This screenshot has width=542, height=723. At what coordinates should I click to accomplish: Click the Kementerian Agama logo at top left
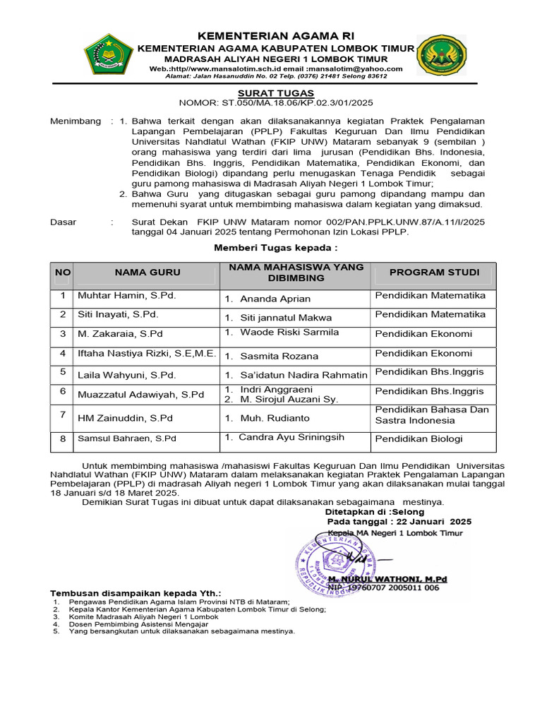pos(108,55)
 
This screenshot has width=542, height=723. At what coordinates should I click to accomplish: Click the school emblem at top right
pos(440,54)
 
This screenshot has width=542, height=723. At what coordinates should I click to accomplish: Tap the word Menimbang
pos(76,121)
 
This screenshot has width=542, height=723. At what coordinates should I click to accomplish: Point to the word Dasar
pos(64,222)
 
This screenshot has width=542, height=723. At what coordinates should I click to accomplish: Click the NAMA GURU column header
pos(147,273)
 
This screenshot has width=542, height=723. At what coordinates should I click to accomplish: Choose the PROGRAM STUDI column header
pos(434,273)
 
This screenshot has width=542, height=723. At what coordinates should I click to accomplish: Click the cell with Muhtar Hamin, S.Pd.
pos(126,295)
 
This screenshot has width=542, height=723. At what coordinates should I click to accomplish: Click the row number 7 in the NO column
pos(63,414)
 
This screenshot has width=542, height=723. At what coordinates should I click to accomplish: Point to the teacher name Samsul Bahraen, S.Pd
pos(126,438)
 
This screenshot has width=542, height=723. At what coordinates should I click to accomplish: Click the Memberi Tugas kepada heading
pos(275,248)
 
